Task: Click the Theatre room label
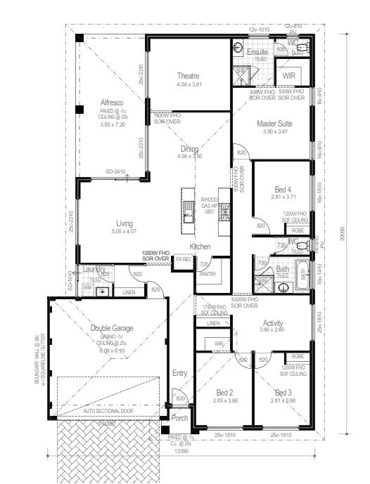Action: pyautogui.click(x=188, y=76)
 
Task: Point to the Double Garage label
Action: pyautogui.click(x=112, y=328)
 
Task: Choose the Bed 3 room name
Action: pyautogui.click(x=283, y=393)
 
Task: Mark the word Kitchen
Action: pyautogui.click(x=200, y=247)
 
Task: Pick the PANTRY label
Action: pyautogui.click(x=207, y=275)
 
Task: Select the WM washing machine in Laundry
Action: pyautogui.click(x=87, y=287)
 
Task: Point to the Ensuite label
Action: pyautogui.click(x=257, y=53)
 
